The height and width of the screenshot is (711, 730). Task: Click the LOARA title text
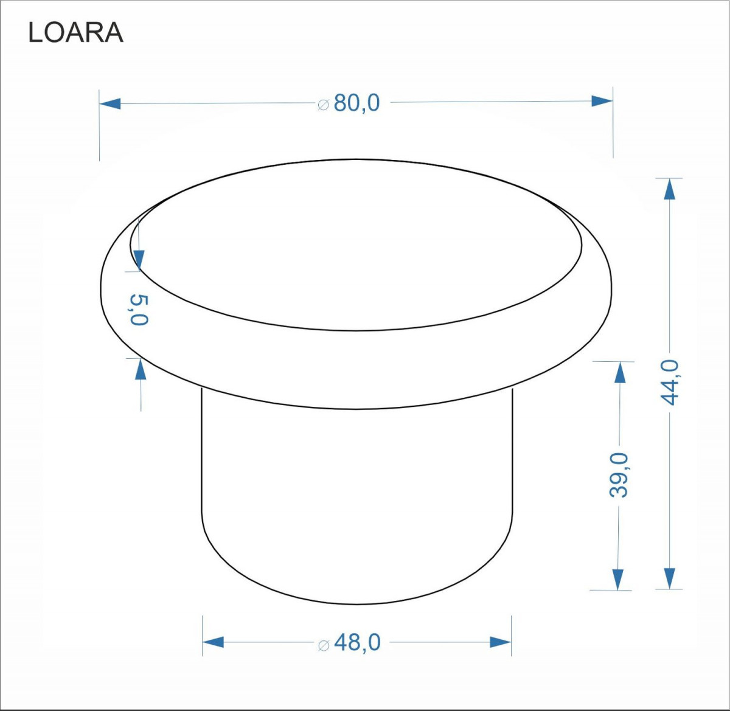(x=76, y=33)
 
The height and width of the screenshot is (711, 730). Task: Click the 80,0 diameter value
(x=356, y=103)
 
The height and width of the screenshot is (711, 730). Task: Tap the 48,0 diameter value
(x=357, y=642)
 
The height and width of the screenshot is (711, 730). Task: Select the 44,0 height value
(x=669, y=382)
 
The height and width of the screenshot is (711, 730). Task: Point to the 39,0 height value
(x=619, y=475)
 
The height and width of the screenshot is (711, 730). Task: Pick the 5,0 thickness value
(x=139, y=310)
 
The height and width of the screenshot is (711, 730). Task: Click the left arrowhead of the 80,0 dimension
(x=110, y=103)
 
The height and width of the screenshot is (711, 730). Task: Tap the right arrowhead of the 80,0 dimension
(x=602, y=101)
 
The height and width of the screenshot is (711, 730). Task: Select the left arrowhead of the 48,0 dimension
(x=213, y=642)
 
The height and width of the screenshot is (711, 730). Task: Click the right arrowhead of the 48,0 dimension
(x=501, y=642)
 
